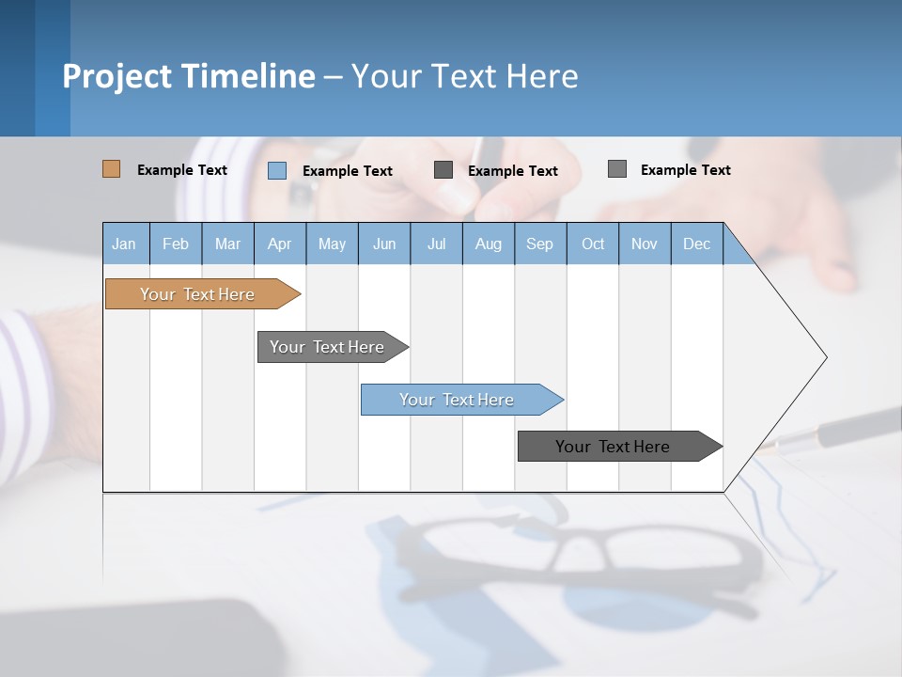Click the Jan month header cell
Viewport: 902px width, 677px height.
pyautogui.click(x=125, y=244)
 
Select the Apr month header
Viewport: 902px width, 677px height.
pyautogui.click(x=279, y=244)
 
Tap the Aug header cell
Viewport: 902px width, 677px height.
pyautogui.click(x=488, y=244)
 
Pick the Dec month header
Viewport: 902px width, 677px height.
pyautogui.click(x=696, y=244)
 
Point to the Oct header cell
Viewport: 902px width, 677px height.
pyautogui.click(x=592, y=244)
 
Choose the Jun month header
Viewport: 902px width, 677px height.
pyautogui.click(x=383, y=244)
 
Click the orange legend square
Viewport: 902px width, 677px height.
pyautogui.click(x=111, y=169)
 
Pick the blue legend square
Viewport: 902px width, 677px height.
pyautogui.click(x=276, y=170)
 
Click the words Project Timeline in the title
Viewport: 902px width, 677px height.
pyautogui.click(x=188, y=76)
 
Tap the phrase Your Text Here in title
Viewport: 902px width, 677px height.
pyautogui.click(x=464, y=76)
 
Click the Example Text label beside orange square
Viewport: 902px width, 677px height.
pyautogui.click(x=182, y=170)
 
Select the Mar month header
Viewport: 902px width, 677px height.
pyautogui.click(x=227, y=244)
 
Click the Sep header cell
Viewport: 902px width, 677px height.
pyautogui.click(x=539, y=244)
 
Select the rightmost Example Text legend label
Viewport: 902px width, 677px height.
pyautogui.click(x=685, y=170)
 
